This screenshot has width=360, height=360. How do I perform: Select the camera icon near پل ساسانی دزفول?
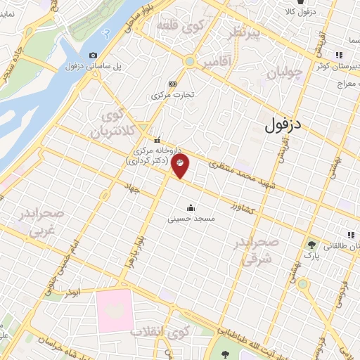94,55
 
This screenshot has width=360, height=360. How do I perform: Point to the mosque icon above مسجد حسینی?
190,207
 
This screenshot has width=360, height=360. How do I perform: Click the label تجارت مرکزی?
173,94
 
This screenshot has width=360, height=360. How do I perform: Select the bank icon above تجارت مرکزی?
173,83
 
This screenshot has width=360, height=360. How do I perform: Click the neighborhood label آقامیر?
216,63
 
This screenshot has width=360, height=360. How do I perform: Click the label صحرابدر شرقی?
259,250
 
